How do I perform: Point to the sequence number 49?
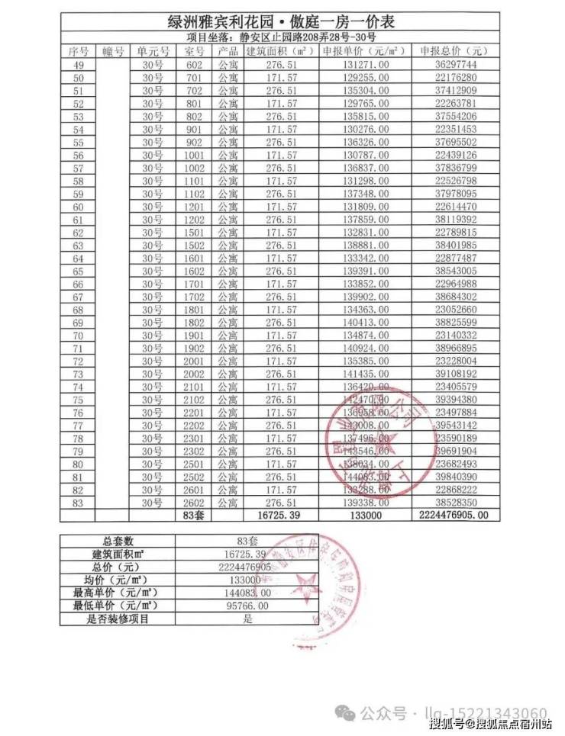[77, 66]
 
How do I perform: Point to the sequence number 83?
[77, 503]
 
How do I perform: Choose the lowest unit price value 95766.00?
[247, 606]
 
